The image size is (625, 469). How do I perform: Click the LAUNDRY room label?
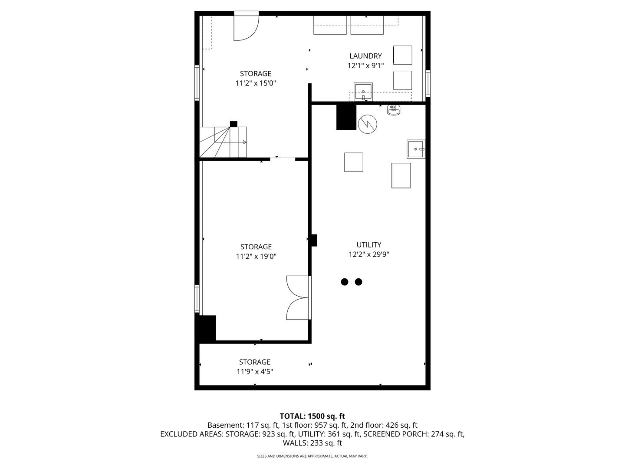[x=365, y=56]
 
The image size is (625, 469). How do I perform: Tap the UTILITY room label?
[x=368, y=245]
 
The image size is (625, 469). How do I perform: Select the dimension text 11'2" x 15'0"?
[x=256, y=83]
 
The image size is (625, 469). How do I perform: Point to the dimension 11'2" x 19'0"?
[x=256, y=257]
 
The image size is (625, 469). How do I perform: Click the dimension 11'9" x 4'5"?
[x=255, y=372]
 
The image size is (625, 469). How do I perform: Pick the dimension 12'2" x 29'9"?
[x=368, y=255]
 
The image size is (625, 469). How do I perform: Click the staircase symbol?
[x=223, y=142]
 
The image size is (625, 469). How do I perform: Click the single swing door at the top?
[x=246, y=27]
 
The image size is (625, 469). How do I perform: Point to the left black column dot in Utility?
[x=345, y=282]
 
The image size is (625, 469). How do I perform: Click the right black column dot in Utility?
[x=359, y=282]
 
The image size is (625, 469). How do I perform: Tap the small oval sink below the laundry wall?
[x=394, y=110]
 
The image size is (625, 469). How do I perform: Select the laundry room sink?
[x=363, y=92]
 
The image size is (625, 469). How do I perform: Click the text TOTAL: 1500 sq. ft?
[x=312, y=416]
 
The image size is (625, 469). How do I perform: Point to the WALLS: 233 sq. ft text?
[x=312, y=443]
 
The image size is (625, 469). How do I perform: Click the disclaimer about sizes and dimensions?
[x=312, y=456]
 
